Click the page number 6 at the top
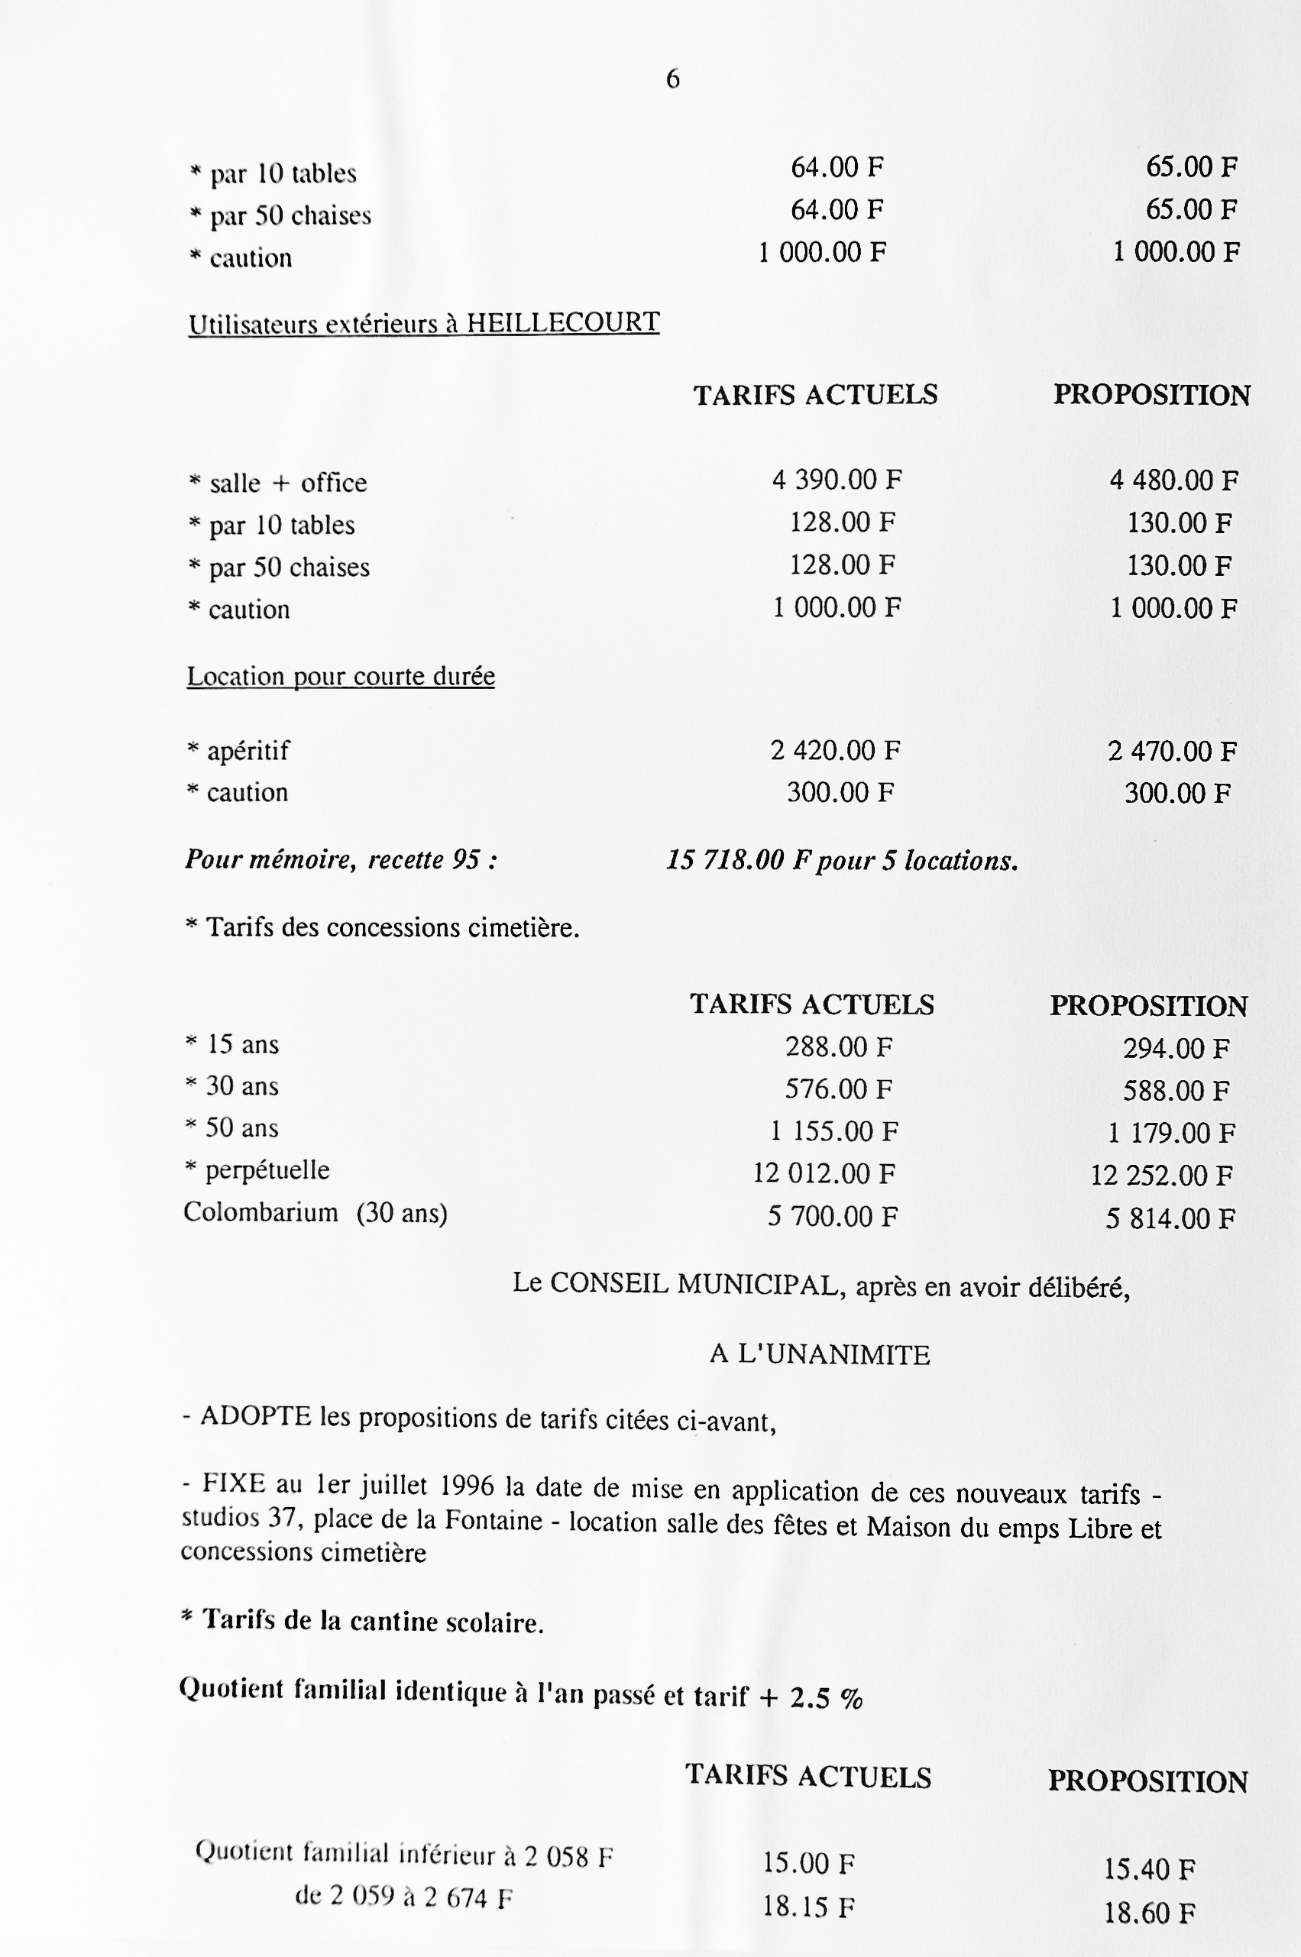(x=672, y=79)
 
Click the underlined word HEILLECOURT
(x=562, y=322)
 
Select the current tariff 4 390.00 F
(x=837, y=480)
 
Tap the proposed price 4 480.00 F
(x=1174, y=480)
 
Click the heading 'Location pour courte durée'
(x=340, y=676)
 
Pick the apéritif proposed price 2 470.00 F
(x=1172, y=752)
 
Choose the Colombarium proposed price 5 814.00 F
(x=1170, y=1218)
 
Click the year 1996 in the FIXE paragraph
(x=467, y=1484)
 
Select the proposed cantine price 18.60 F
(x=1149, y=1914)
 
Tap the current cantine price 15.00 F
(x=808, y=1864)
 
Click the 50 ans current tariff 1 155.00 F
(x=834, y=1131)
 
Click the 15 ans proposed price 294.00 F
(x=1176, y=1049)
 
